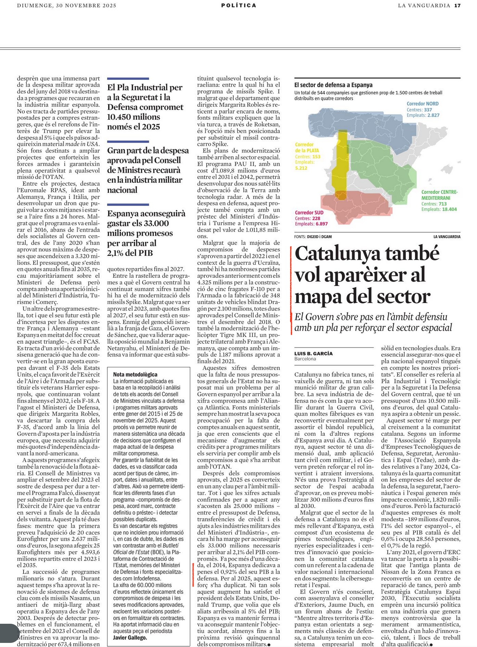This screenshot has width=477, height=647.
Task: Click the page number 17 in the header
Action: coord(457,5)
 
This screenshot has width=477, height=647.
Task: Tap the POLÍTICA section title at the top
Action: coord(238,5)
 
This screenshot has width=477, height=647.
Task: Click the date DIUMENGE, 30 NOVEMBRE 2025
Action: coord(67,5)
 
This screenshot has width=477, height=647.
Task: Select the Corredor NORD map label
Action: coord(422,104)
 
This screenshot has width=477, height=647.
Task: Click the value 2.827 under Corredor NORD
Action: coord(433,115)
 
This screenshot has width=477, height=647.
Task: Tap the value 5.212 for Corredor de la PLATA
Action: coord(301,168)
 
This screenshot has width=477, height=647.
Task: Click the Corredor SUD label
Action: coord(309,212)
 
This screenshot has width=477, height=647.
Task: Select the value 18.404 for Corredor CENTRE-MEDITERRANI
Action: coord(449,209)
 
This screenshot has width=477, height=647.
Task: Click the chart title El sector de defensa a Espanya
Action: coord(333,85)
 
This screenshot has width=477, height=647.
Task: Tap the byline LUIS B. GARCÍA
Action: coord(313,354)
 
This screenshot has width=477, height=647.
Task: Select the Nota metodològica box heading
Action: coord(135,374)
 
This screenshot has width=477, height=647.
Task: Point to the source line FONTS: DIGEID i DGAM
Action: coord(313,237)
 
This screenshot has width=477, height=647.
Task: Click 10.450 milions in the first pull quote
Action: coord(133,117)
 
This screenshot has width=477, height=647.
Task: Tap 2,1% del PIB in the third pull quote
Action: coord(130,253)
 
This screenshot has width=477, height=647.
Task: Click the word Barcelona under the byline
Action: coord(305,359)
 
